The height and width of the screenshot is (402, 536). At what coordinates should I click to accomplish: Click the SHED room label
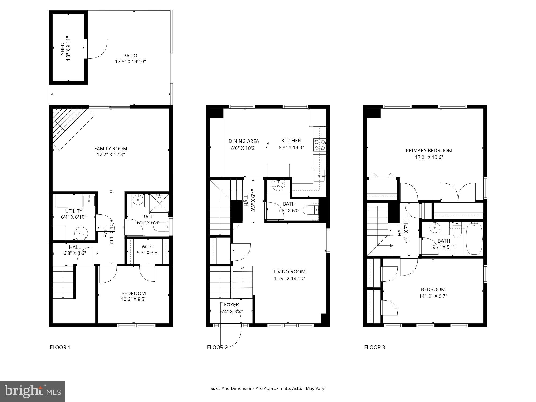[62, 49]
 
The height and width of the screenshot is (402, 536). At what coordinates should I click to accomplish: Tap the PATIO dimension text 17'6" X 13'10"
[130, 62]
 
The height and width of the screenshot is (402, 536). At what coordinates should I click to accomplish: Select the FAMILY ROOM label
[111, 148]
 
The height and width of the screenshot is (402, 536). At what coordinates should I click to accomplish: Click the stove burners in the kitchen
[320, 145]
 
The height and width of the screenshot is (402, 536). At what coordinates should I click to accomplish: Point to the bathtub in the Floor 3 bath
[474, 239]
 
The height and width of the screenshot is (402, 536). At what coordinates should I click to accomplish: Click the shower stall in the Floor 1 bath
[159, 203]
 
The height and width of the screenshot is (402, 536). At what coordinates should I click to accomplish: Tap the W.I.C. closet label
[148, 247]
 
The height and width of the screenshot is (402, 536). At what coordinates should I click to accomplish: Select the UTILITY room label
[74, 211]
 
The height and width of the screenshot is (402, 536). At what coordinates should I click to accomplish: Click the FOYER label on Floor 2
[231, 305]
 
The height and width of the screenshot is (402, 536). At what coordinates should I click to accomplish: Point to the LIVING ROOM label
[289, 271]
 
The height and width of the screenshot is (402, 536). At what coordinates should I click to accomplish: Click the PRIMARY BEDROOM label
[429, 151]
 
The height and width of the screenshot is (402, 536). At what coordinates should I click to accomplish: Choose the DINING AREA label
[244, 141]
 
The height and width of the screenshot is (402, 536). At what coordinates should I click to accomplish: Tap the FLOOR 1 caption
[60, 347]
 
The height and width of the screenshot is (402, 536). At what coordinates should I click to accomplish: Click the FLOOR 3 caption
[374, 347]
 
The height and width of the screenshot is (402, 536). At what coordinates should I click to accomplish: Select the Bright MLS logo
[32, 391]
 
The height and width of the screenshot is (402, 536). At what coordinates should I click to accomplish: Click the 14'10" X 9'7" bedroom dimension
[433, 296]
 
